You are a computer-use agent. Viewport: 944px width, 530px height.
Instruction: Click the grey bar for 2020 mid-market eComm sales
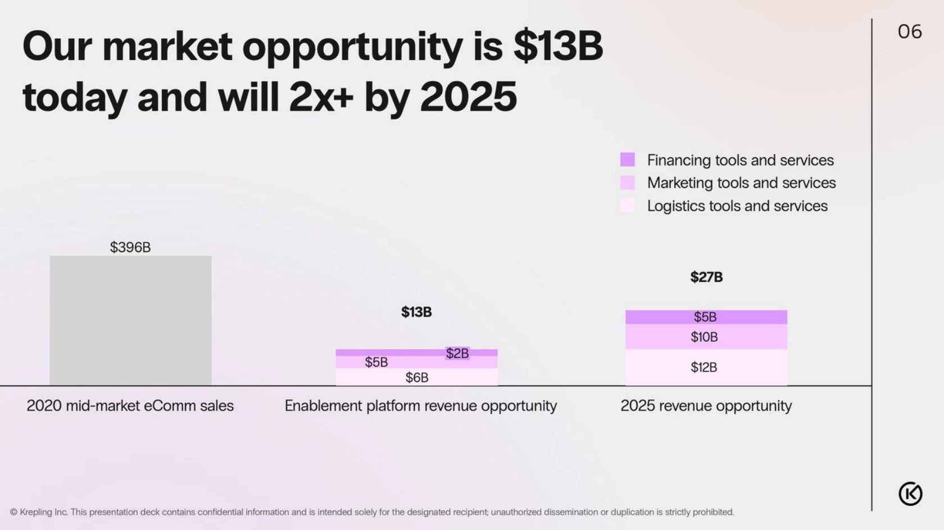point(130,320)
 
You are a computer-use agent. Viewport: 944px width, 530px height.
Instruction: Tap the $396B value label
point(130,247)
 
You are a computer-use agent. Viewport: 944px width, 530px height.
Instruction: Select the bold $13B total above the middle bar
point(416,312)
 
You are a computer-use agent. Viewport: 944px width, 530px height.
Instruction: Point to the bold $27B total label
point(706,277)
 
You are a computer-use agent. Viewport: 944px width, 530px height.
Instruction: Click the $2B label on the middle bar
point(457,353)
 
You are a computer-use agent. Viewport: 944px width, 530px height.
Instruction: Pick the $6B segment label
point(417,377)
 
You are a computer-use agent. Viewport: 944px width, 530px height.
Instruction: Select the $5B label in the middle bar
point(376,362)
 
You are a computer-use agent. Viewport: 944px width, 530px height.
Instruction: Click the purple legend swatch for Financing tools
point(628,159)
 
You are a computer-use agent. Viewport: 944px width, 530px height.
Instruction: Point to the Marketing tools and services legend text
point(741,183)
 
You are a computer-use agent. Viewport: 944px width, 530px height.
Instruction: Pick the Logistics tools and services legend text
point(737,206)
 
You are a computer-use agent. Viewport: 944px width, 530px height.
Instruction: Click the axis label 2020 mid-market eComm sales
point(130,406)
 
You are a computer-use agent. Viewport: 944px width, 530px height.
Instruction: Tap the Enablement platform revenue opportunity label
point(420,406)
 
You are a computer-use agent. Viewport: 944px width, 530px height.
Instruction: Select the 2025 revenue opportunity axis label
point(706,406)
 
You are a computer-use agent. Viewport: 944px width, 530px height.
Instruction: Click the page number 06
point(910,31)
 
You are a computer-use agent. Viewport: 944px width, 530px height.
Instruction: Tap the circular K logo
point(910,494)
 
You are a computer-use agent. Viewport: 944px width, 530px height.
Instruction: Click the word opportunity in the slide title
point(352,47)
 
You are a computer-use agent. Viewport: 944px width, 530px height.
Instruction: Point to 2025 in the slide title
point(468,97)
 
